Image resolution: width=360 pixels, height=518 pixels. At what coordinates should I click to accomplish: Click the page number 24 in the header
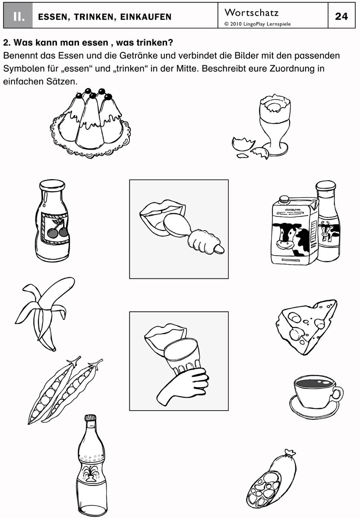(341, 16)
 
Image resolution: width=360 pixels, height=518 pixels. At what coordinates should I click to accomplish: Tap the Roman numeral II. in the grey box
(19, 16)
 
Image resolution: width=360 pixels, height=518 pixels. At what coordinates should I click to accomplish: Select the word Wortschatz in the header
(251, 13)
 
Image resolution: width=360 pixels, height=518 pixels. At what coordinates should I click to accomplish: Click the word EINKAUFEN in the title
(145, 17)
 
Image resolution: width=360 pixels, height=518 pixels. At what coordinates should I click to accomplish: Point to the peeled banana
(44, 313)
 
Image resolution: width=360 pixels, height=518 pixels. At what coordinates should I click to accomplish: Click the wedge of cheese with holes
(306, 327)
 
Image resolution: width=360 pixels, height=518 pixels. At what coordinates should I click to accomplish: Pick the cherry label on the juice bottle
(55, 228)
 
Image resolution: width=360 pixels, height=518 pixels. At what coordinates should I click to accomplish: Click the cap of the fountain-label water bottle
(90, 418)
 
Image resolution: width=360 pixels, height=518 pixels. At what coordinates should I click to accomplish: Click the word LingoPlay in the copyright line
(254, 24)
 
